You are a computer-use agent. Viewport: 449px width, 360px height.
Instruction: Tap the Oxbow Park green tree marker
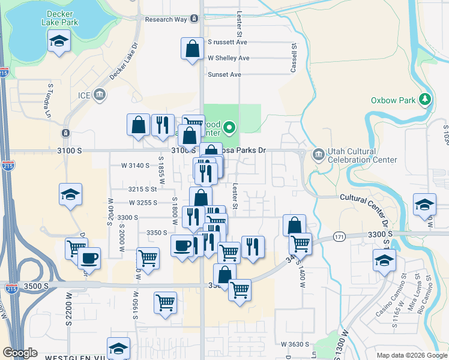tap(426, 99)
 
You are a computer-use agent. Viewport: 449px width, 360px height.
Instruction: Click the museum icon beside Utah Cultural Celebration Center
tap(318, 155)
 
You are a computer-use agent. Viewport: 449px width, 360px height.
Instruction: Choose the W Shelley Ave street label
tap(228, 58)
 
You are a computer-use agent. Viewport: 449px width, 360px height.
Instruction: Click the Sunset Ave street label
tap(224, 74)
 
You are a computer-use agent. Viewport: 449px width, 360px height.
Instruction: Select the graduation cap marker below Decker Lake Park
tap(59, 41)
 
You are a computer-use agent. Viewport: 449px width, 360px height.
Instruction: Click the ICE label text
tap(85, 95)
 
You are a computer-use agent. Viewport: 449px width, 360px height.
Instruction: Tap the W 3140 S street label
tap(134, 165)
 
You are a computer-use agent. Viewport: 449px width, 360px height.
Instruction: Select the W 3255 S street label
tap(142, 203)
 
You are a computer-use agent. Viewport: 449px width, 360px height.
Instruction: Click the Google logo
tap(20, 353)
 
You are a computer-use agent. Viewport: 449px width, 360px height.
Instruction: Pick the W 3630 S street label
tap(295, 344)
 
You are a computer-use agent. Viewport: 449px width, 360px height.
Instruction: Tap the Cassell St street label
tap(294, 58)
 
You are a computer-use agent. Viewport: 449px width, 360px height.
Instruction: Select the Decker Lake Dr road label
tap(124, 61)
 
